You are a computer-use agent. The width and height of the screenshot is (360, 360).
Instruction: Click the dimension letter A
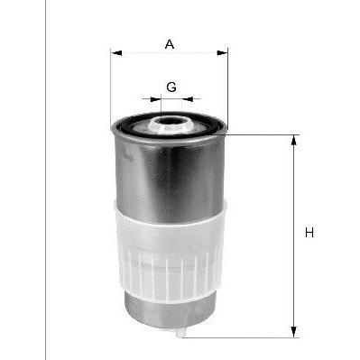click(170, 44)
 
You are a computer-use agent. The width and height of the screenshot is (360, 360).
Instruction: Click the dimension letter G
click(171, 88)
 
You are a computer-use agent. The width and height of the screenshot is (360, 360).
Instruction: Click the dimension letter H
click(309, 233)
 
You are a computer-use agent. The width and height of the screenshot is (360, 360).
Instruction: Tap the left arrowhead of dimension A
click(116, 53)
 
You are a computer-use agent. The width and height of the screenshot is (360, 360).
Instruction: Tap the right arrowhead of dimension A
click(222, 53)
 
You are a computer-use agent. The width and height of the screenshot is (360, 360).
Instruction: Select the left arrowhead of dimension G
click(155, 99)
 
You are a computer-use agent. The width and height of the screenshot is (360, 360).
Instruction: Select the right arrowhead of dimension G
click(188, 99)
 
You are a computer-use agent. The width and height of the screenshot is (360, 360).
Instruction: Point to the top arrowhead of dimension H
click(294, 141)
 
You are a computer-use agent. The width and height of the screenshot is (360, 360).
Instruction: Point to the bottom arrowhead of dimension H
click(294, 332)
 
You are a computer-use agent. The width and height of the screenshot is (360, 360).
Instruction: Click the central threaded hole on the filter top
click(171, 122)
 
